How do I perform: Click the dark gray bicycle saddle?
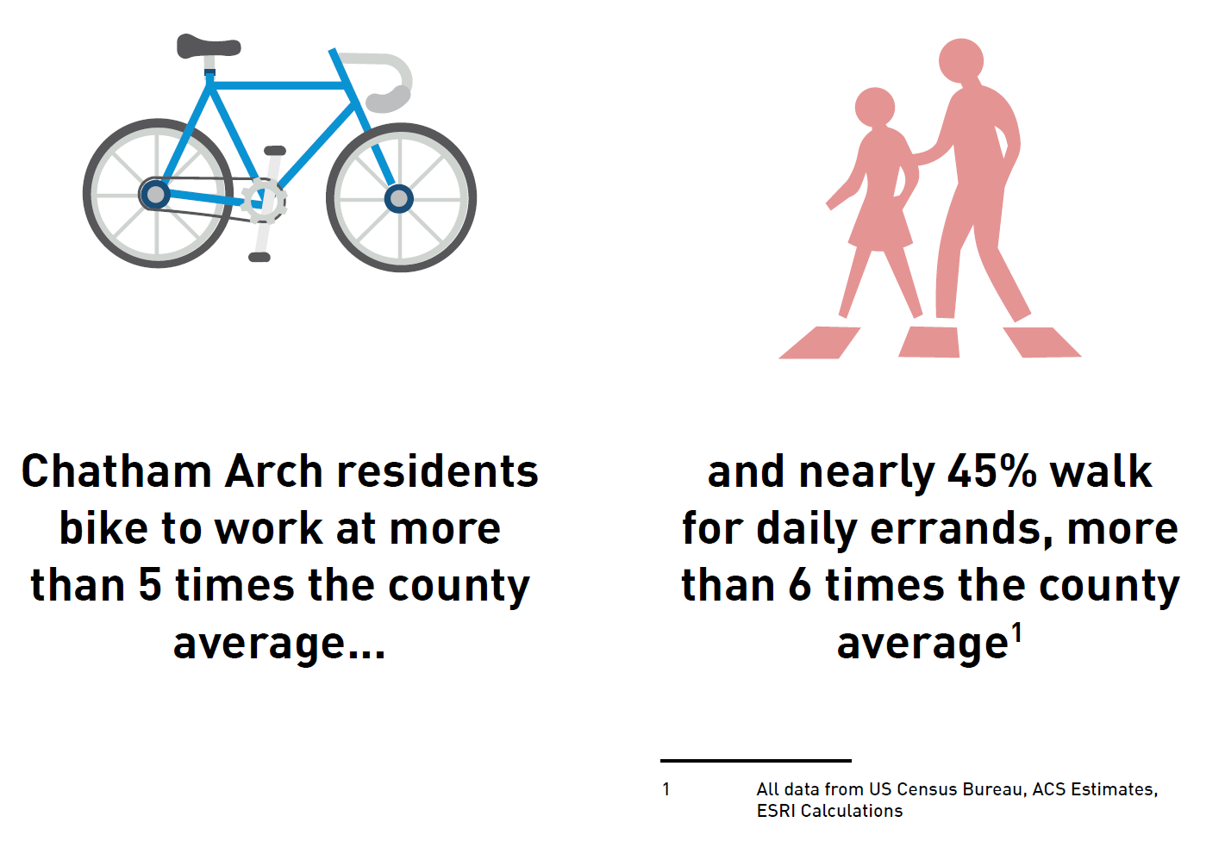pos(208,46)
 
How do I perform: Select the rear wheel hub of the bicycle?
pos(156,194)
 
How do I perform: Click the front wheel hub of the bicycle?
pos(399,198)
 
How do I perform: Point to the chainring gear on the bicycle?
pos(264,201)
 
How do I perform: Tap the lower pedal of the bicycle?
pos(259,257)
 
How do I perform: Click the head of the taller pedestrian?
pos(961,60)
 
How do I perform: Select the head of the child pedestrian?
pos(874,107)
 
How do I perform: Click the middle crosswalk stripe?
pos(929,342)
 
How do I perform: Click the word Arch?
pos(273,470)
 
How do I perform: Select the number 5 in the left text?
pos(150,585)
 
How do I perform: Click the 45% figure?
pos(991,470)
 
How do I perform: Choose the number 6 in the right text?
pos(799,585)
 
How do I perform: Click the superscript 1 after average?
pos(1016,632)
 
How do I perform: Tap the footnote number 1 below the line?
pos(666,789)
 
